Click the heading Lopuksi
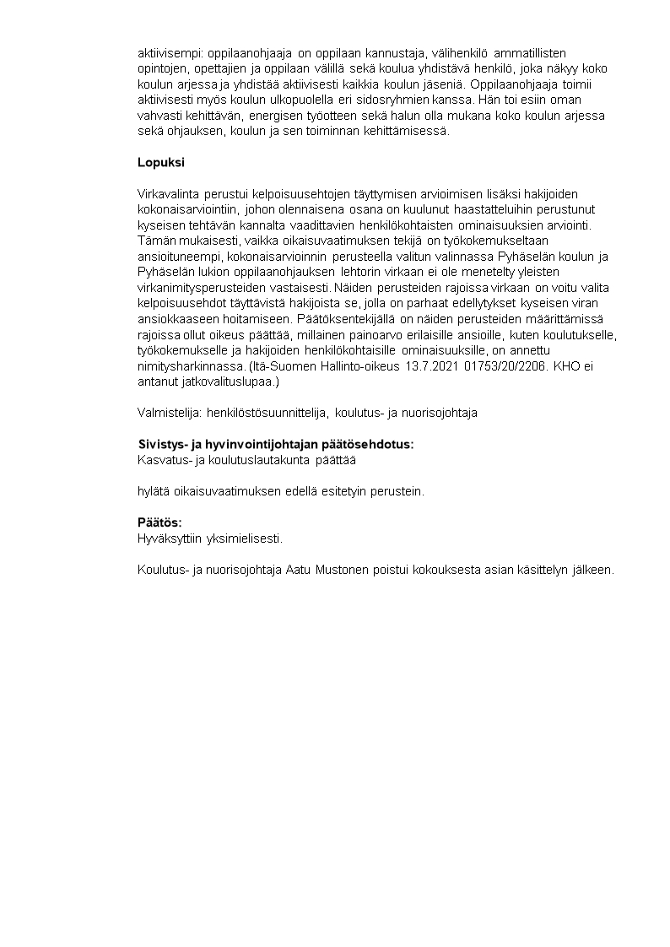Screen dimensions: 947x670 click(x=160, y=161)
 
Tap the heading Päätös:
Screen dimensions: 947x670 click(x=159, y=522)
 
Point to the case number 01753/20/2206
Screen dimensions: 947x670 click(x=500, y=367)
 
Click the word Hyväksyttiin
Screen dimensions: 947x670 click(x=165, y=537)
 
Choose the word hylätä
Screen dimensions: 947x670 click(x=154, y=490)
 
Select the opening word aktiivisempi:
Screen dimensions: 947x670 click(x=172, y=53)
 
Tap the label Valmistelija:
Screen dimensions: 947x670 click(x=169, y=413)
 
